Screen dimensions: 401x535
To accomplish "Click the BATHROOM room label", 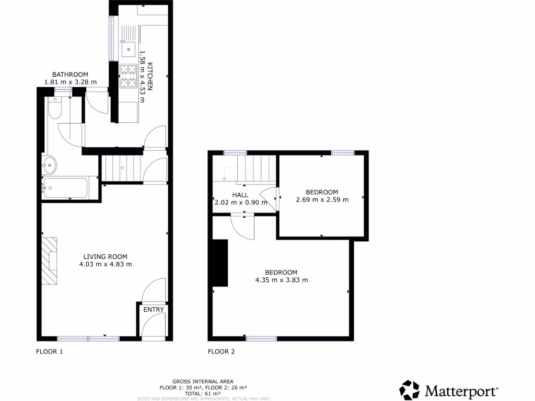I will click(x=70, y=75).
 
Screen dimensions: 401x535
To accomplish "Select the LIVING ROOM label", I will click(x=106, y=256).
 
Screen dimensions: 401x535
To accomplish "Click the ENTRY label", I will click(x=154, y=310).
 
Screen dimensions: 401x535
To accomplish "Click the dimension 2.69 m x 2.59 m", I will click(x=322, y=199).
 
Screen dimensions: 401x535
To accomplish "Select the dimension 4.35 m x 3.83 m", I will click(x=281, y=280).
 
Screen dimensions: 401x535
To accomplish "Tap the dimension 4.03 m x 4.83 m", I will click(x=106, y=264).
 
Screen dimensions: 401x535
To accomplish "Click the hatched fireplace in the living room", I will click(x=51, y=261).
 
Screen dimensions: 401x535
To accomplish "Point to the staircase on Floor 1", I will click(x=122, y=168).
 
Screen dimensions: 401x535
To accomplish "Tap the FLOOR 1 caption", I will click(x=50, y=351).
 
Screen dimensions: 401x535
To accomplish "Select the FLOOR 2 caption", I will click(x=222, y=351).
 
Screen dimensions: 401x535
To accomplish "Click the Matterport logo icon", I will click(x=409, y=390).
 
